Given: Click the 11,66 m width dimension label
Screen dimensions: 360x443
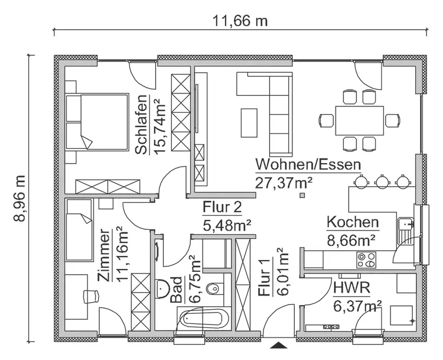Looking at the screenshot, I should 240,21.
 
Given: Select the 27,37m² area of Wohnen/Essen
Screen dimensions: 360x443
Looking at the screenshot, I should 284,181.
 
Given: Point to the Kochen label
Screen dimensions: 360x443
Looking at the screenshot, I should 353,222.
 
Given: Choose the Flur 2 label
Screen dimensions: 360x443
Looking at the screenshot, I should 222,207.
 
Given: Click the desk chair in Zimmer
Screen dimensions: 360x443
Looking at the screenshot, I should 90,296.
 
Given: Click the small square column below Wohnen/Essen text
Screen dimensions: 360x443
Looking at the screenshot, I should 303,195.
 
